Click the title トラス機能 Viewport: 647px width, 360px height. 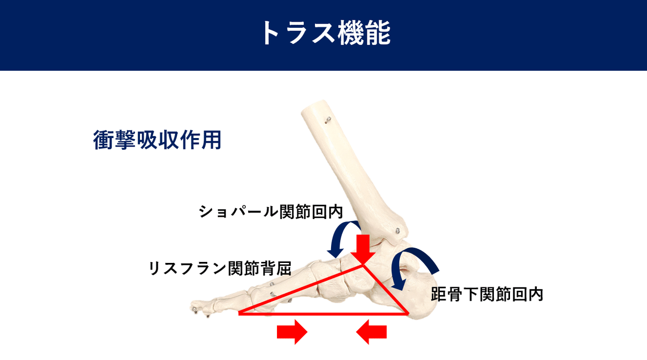[x=326, y=33]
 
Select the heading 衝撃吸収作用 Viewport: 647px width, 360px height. [x=157, y=140]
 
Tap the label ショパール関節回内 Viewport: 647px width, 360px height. [x=270, y=211]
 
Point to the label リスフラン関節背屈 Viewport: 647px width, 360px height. [x=220, y=268]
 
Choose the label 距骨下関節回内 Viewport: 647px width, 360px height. [x=487, y=294]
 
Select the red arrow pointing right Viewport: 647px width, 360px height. [x=292, y=332]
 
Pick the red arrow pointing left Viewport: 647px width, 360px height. [x=371, y=332]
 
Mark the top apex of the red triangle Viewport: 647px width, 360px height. [x=363, y=265]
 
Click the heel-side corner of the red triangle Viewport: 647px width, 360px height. [x=408, y=313]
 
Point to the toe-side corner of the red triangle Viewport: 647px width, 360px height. [x=240, y=313]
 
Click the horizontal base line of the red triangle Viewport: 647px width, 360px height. [x=324, y=313]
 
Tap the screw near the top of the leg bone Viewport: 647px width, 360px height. [x=328, y=119]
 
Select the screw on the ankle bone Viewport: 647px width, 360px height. [x=398, y=231]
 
